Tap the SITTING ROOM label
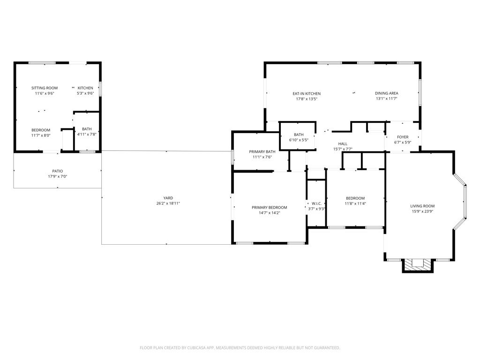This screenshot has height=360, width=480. (x=45, y=88)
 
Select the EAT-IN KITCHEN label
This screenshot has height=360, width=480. (x=307, y=94)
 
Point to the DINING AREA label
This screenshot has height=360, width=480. (x=387, y=93)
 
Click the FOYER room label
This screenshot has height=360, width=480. (x=402, y=137)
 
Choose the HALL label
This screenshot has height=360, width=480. (x=343, y=144)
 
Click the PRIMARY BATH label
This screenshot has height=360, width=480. (x=262, y=151)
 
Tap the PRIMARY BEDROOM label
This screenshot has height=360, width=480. (x=269, y=208)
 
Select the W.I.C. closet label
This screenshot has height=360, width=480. (x=316, y=203)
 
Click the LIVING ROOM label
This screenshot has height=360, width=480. (x=422, y=206)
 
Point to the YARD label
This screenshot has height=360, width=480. (x=168, y=198)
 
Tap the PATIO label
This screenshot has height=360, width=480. (x=57, y=171)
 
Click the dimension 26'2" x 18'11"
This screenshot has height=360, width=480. (x=168, y=203)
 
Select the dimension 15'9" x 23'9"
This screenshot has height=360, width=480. (x=422, y=211)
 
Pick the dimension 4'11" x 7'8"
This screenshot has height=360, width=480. (x=87, y=135)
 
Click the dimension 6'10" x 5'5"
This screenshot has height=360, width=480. (x=299, y=140)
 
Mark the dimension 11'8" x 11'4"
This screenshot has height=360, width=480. (x=355, y=203)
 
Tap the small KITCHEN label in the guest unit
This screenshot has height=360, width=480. (x=85, y=88)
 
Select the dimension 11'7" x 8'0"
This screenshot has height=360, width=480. (x=41, y=135)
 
